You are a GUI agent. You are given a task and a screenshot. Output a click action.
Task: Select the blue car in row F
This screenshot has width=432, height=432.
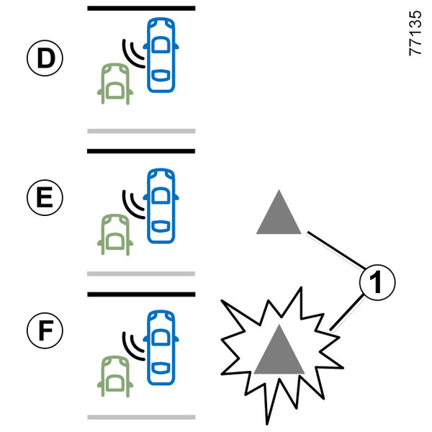[161, 343]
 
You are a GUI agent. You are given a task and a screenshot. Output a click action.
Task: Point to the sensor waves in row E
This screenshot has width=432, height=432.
[132, 202]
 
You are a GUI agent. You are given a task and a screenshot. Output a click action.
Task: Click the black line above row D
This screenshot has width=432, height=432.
[141, 9]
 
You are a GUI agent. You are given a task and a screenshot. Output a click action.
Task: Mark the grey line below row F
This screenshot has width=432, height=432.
[141, 416]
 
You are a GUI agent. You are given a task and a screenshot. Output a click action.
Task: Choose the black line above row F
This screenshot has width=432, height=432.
[141, 294]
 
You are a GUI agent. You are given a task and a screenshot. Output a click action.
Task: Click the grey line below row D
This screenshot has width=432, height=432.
[141, 131]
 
